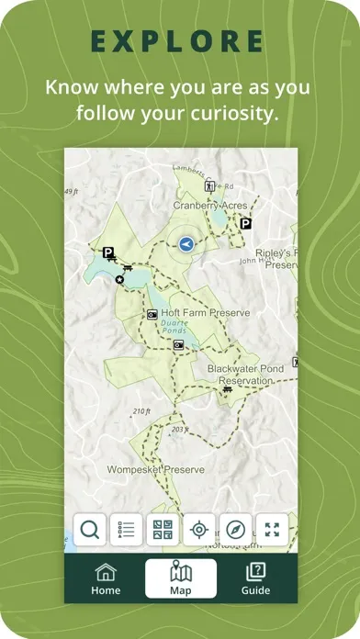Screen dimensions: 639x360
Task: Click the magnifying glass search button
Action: pyautogui.click(x=90, y=530)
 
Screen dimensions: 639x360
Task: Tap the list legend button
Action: pyautogui.click(x=126, y=530)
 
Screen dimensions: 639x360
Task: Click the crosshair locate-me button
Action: pyautogui.click(x=198, y=530)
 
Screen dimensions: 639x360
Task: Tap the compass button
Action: pyautogui.click(x=235, y=530)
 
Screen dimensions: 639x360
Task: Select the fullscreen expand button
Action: pyautogui.click(x=272, y=530)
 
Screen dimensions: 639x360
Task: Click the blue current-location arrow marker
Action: pyautogui.click(x=186, y=244)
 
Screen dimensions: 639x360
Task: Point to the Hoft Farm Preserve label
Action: pyautogui.click(x=206, y=313)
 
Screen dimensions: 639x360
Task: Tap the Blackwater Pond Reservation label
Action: pyautogui.click(x=245, y=374)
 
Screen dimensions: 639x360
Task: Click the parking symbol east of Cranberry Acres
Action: pyautogui.click(x=245, y=223)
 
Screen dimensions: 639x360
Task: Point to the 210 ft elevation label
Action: pyautogui.click(x=141, y=411)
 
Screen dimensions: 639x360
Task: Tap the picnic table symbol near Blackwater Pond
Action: pyautogui.click(x=227, y=389)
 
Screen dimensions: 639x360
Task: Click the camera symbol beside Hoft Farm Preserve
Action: pyautogui.click(x=152, y=315)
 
